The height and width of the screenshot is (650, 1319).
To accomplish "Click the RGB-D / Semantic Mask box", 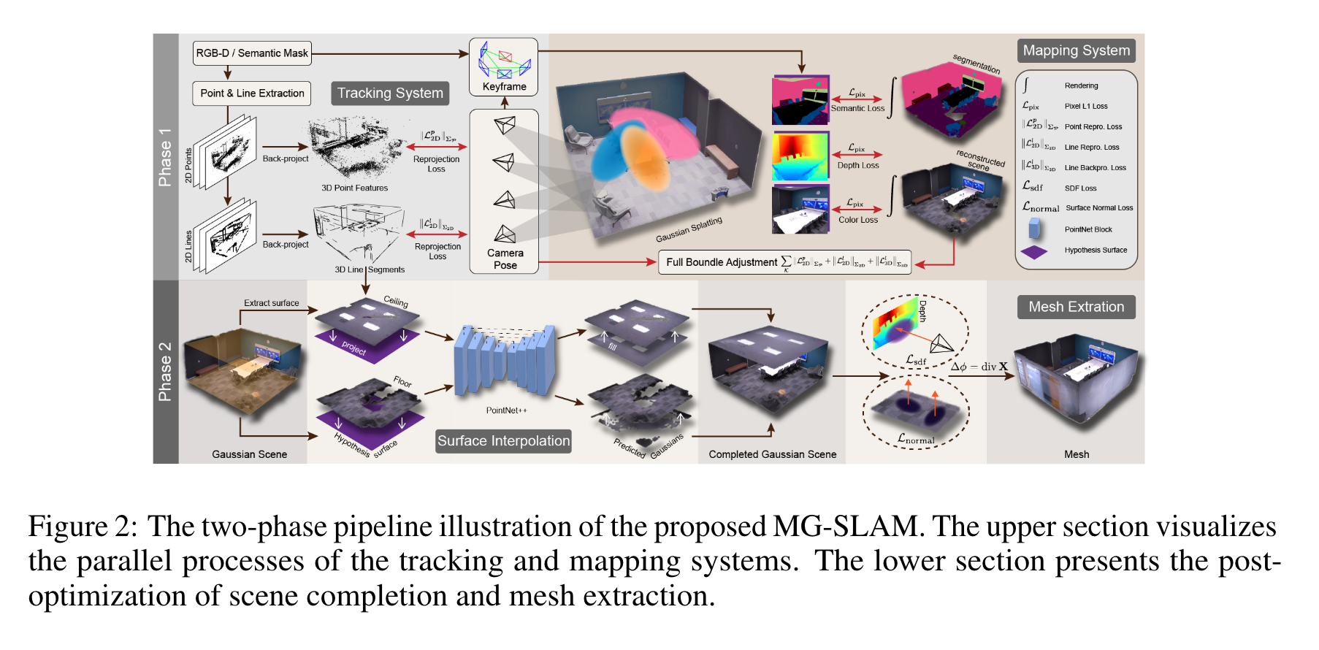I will [252, 53].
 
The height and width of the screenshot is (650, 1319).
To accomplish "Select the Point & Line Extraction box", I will [252, 93].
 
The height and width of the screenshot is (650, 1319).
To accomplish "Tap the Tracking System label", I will [390, 93].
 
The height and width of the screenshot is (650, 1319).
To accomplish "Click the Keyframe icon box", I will [504, 67].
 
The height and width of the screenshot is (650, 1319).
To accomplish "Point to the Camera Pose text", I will [505, 259].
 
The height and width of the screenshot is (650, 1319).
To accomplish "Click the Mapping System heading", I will [1076, 51].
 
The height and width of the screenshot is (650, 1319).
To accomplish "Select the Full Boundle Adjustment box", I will [784, 262].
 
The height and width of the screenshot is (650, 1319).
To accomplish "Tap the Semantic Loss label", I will [857, 108].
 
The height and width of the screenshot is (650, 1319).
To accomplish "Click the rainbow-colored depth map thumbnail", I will [800, 156].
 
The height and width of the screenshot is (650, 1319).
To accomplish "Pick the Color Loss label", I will [858, 220].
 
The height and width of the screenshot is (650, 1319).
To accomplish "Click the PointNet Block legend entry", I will [1087, 229].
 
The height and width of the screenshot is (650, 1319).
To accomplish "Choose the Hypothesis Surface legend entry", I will [1095, 251].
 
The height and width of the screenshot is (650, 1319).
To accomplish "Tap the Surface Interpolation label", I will [503, 441].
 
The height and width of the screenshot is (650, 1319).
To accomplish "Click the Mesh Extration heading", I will [1076, 307].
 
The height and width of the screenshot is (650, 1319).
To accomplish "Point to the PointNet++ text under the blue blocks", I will [506, 410].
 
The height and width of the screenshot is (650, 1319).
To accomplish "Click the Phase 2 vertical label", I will [165, 372].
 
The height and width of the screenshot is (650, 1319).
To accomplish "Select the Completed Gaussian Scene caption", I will [772, 454].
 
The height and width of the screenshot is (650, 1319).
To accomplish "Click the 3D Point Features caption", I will [354, 188].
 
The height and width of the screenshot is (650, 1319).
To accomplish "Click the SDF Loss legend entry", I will [1080, 188].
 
